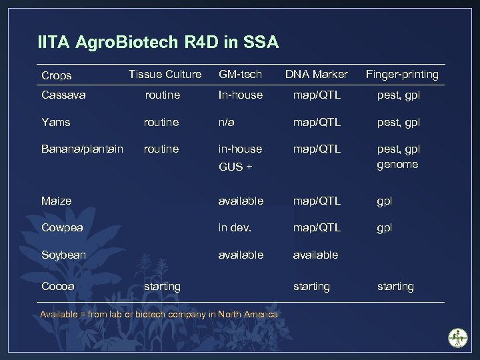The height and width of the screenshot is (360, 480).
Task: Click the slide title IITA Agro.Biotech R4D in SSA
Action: [158, 43]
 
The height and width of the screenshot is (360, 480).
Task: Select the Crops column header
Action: [57, 75]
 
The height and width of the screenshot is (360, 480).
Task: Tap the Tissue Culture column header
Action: [165, 74]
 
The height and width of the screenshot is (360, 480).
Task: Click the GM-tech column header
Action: [240, 74]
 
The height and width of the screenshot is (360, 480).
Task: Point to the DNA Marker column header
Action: [316, 74]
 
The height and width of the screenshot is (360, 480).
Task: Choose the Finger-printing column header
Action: [401, 74]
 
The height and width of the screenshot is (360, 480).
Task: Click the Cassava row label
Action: [63, 95]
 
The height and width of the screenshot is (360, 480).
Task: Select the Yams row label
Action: [56, 122]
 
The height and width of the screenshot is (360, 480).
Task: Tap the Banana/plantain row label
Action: [82, 149]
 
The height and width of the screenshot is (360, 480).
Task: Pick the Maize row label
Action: [56, 201]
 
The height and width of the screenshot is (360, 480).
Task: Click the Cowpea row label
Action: [62, 227]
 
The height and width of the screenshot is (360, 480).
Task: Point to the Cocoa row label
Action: [58, 286]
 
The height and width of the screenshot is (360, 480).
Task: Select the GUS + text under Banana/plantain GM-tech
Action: [235, 167]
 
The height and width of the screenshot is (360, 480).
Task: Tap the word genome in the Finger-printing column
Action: [397, 164]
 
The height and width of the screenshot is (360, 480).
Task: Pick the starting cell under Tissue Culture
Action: [163, 286]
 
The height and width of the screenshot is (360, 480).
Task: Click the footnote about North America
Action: [159, 314]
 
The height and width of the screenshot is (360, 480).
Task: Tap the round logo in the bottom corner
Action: [458, 337]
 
